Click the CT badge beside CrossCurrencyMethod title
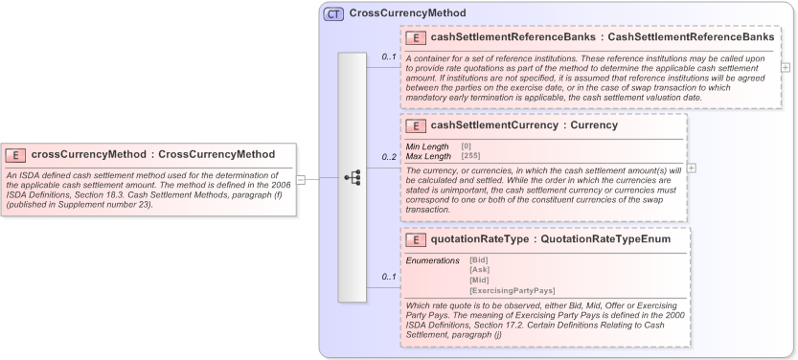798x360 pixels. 333,13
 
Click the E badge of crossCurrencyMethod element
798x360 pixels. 17,154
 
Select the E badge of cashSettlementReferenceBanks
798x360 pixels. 417,37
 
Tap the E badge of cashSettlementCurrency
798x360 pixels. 417,125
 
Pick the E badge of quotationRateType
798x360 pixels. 417,239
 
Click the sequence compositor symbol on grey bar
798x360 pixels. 353,177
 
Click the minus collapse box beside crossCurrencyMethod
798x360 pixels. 301,178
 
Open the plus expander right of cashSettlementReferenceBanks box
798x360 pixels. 786,67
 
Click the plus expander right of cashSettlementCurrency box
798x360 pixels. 692,168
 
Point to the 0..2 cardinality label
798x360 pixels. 389,156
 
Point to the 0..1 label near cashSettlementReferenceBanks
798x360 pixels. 389,56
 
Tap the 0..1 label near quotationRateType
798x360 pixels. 389,277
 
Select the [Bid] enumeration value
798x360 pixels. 479,260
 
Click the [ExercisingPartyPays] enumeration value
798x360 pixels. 512,290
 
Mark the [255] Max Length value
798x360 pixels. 470,155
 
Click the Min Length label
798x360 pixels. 427,146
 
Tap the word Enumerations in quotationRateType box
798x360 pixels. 433,260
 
